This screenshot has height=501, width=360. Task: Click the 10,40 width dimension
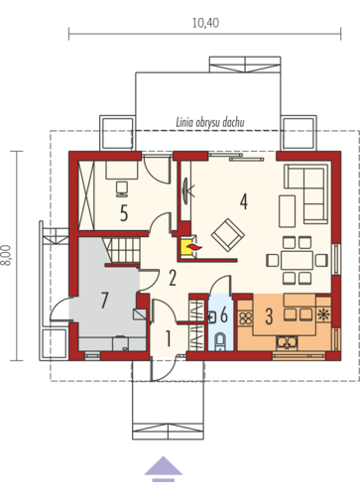pos(205,23)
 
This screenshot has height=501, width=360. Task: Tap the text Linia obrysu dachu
pos(210,123)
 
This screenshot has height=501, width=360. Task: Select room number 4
pos(244,201)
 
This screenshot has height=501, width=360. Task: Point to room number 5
pos(124,213)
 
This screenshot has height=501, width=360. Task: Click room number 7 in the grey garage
pos(104,301)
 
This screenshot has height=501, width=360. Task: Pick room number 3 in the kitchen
pos(269,316)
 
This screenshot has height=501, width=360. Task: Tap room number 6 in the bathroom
pos(224,314)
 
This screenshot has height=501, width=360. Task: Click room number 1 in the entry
pos(169,338)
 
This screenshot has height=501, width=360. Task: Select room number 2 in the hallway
pos(173,278)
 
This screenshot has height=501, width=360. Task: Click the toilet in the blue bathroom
pos(220,341)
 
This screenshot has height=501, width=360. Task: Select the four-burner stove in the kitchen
pos(246,318)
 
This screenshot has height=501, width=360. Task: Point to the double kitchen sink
pos(287,342)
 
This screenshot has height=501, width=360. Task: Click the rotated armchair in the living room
pos(228,235)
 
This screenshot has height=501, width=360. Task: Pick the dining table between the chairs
pos(297,260)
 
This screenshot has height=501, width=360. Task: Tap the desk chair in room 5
pos(122,188)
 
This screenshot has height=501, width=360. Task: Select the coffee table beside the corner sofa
pos(287,211)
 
